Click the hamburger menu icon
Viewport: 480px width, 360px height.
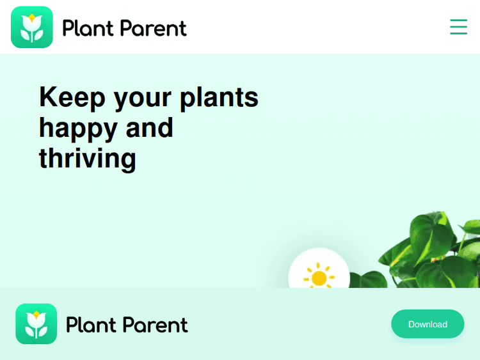click(458, 27)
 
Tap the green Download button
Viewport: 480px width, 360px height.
click(428, 324)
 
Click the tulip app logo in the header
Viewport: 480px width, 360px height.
click(31, 27)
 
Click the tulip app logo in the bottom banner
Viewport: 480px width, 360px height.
click(36, 324)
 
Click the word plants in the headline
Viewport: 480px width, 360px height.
click(219, 97)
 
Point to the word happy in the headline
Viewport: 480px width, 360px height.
click(78, 128)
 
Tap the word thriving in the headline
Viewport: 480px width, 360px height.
click(88, 157)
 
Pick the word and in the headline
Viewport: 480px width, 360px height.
click(149, 127)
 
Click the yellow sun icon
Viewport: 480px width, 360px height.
click(319, 276)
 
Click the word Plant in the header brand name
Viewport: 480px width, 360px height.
click(88, 28)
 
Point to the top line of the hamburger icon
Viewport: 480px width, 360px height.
click(458, 20)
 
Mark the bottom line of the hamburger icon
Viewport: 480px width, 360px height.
click(458, 34)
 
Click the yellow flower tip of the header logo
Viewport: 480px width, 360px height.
click(31, 17)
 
